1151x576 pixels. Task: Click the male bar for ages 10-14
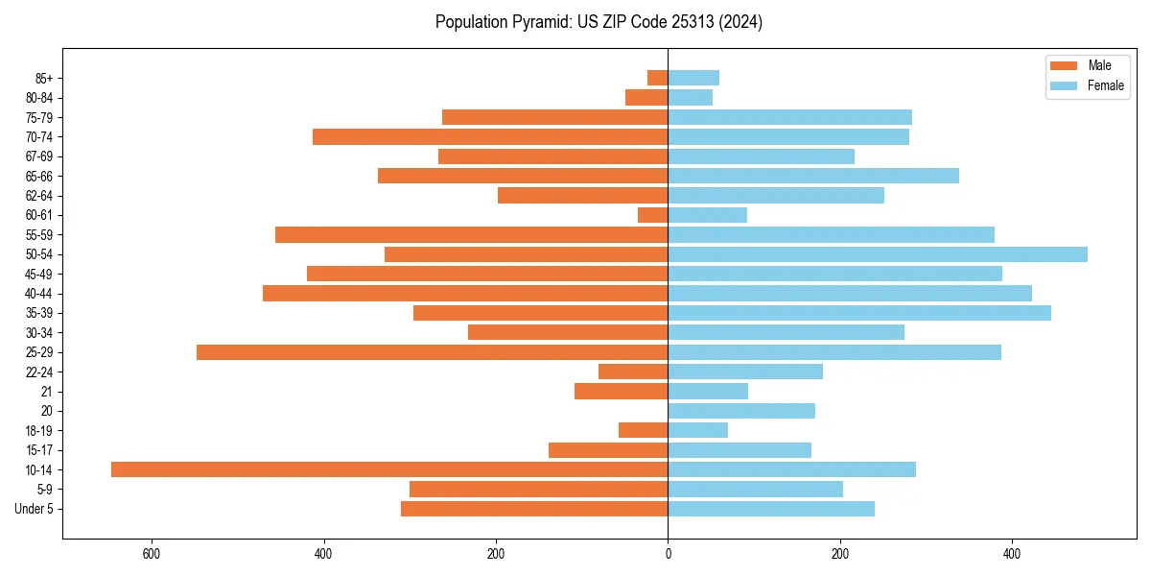(389, 469)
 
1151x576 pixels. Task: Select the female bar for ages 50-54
(878, 254)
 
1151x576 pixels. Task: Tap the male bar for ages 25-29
(432, 352)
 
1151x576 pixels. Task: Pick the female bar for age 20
(741, 411)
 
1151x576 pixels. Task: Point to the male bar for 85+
(658, 78)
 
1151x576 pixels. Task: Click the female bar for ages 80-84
(691, 98)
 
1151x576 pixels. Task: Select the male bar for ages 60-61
(653, 215)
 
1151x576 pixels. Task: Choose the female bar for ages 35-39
(859, 313)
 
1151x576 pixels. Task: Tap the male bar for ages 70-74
(490, 137)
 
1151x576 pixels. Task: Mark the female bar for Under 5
(771, 509)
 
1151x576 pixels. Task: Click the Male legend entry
(1087, 65)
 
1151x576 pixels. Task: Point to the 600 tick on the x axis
(151, 554)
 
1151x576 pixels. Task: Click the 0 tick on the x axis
(669, 554)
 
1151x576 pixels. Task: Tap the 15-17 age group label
(39, 450)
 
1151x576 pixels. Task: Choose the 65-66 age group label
(39, 177)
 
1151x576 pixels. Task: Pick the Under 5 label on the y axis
(34, 509)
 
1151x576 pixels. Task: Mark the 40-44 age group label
(39, 294)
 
